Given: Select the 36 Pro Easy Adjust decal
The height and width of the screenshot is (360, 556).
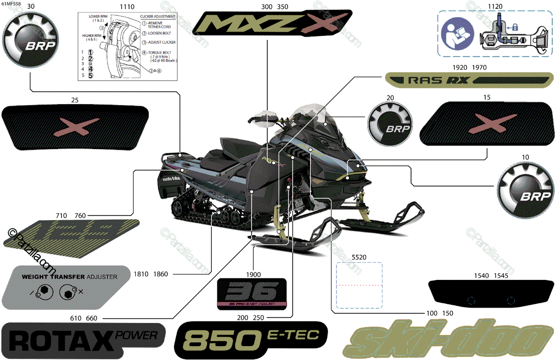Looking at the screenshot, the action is click(x=252, y=294).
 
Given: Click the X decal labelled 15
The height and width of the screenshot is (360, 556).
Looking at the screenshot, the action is click(x=485, y=123).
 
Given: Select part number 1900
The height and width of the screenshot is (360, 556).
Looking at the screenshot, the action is click(x=253, y=274).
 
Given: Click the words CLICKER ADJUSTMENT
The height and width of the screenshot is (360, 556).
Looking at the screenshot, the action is click(x=158, y=16).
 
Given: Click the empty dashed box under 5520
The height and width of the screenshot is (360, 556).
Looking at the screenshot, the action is click(x=359, y=285).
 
